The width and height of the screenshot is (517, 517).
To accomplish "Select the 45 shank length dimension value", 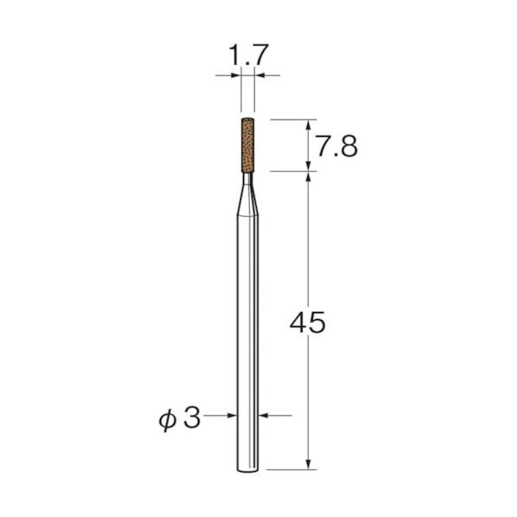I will (309, 323).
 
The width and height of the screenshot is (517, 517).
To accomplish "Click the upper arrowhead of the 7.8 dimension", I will (309, 125).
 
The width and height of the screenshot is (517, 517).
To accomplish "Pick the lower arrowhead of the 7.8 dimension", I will (309, 164).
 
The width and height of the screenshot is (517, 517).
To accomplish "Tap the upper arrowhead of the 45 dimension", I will (309, 176).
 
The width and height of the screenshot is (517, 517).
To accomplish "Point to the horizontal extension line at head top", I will (290, 118).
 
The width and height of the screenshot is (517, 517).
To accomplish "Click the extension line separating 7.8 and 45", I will (290, 170).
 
